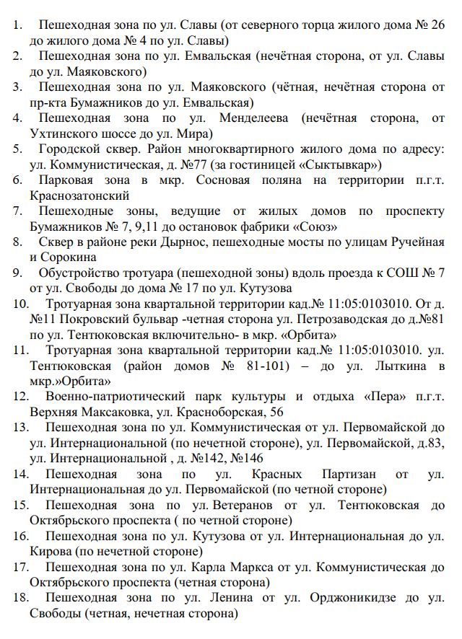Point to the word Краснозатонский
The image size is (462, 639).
tap(80, 195)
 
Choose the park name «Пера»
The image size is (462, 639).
tap(361, 397)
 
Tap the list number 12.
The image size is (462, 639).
tap(21, 397)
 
